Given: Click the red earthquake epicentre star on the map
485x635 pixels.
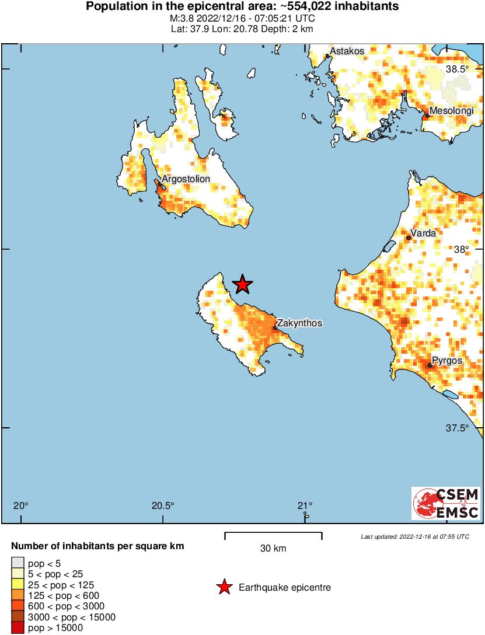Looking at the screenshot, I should (243, 285).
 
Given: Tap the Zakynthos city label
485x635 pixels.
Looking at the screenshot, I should (299, 323).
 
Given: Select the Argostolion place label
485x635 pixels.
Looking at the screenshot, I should (186, 179).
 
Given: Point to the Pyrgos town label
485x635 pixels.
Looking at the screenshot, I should (447, 361).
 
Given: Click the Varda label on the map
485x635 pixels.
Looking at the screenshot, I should (423, 233).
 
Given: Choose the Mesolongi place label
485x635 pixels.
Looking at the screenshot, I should (451, 111).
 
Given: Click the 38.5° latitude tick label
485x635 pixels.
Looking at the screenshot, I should (457, 69).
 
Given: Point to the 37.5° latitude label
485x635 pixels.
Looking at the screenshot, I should (457, 428).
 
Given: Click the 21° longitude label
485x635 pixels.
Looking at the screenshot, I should (305, 505).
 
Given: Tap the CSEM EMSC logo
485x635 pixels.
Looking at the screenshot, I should (446, 503).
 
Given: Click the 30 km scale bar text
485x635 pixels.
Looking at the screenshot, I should (273, 548).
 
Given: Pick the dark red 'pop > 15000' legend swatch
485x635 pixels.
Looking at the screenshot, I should (18, 628).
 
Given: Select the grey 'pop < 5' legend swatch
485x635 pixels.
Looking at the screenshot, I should (18, 563).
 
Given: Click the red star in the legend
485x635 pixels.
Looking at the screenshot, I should (224, 588).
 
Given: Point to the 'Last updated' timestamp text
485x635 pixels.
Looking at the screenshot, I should (414, 536).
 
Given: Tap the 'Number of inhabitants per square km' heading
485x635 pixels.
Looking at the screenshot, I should (98, 547).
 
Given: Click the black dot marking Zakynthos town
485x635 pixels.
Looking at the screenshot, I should (275, 327).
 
